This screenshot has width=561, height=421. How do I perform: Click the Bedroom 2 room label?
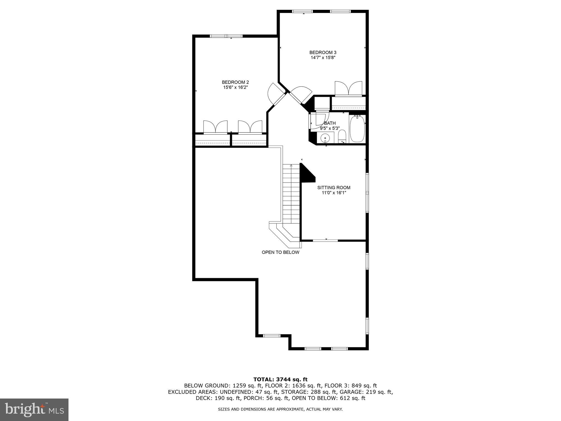point(235,82)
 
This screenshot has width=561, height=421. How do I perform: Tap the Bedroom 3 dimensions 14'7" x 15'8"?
point(323,58)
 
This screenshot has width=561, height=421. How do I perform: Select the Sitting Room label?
point(334,187)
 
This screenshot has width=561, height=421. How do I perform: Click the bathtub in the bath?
point(357,129)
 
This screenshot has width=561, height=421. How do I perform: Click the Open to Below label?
point(280,252)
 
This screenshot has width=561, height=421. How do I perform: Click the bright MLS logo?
point(34,409)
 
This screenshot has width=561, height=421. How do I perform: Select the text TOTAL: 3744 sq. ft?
point(280,379)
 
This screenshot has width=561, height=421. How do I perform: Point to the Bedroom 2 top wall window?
point(226,36)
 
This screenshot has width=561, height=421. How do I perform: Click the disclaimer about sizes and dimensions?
point(280,409)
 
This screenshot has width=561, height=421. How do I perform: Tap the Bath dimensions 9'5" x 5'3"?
point(330,128)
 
